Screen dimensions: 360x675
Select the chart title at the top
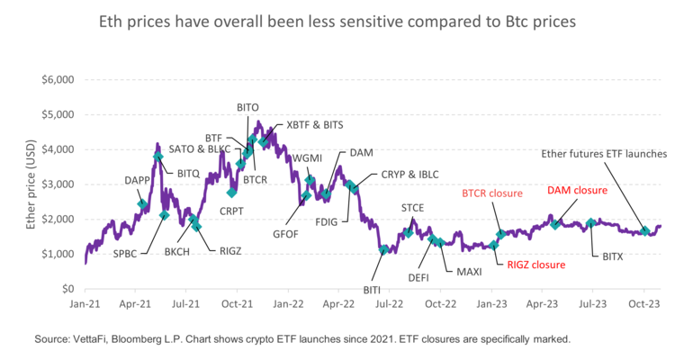click(x=337, y=21)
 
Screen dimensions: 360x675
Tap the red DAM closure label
click(x=577, y=191)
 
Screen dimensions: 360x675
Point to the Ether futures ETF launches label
click(x=603, y=154)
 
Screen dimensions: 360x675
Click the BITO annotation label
click(x=248, y=107)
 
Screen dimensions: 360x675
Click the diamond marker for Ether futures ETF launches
click(x=644, y=231)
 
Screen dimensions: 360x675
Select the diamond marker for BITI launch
click(x=384, y=249)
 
